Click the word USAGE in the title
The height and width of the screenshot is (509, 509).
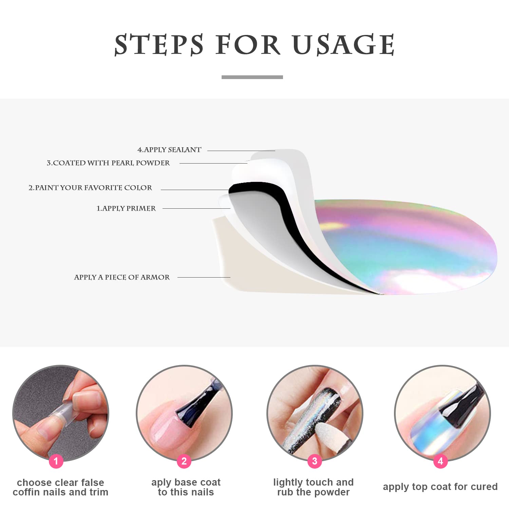[x=343, y=44]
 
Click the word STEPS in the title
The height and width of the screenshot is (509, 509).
[x=159, y=44]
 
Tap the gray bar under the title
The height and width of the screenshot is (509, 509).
[x=252, y=77]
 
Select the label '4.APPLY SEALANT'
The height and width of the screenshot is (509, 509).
[x=169, y=150]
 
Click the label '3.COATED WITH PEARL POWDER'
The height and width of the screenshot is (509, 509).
[x=108, y=163]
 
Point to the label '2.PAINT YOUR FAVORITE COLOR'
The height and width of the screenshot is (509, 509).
[x=90, y=188]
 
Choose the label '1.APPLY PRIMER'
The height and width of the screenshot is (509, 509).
[x=126, y=208]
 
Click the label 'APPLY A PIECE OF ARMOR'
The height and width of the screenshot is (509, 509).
[x=122, y=277]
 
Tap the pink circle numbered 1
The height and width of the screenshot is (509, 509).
[x=56, y=461]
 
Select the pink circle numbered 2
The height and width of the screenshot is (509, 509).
[x=184, y=461]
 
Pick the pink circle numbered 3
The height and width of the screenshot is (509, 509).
[x=315, y=461]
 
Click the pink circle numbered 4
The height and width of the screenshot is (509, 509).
[x=440, y=461]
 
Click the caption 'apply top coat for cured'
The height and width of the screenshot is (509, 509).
[x=440, y=487]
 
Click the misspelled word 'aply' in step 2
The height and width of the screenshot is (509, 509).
[x=161, y=483]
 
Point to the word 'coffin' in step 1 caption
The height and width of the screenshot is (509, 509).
[x=27, y=492]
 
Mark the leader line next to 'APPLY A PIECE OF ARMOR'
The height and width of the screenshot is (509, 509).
[x=204, y=277]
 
